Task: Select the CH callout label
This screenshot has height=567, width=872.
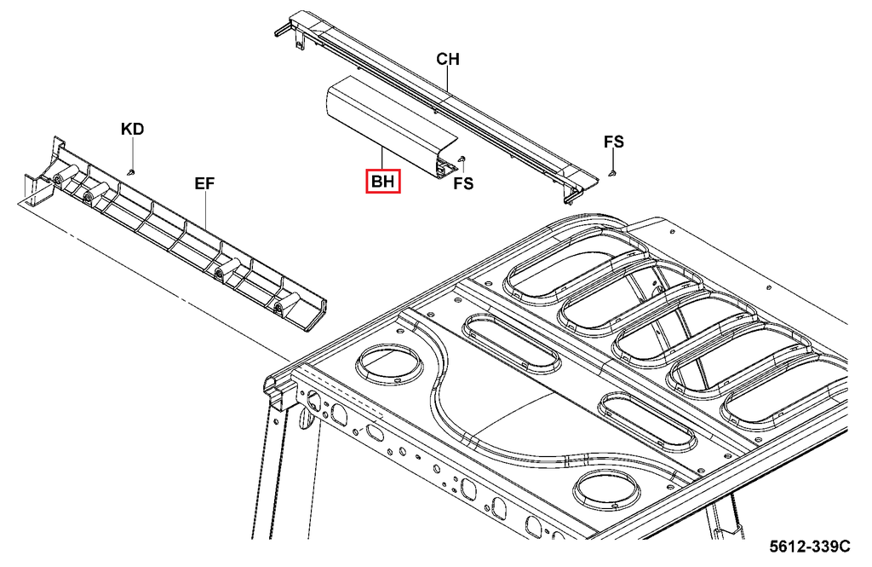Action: click(448, 59)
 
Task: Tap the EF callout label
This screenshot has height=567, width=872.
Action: click(204, 182)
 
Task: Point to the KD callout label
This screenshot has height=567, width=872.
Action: click(132, 130)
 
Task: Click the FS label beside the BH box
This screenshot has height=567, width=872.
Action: click(463, 182)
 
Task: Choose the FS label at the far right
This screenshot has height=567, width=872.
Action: click(614, 142)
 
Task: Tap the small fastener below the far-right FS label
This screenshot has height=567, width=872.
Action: click(613, 173)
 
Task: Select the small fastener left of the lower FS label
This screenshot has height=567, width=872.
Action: click(461, 159)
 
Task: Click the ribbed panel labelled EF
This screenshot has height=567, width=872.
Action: click(170, 230)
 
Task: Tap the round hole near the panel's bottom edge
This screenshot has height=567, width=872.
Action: click(605, 492)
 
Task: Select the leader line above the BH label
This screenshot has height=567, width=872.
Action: click(382, 159)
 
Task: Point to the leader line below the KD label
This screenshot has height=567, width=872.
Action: click(132, 153)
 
